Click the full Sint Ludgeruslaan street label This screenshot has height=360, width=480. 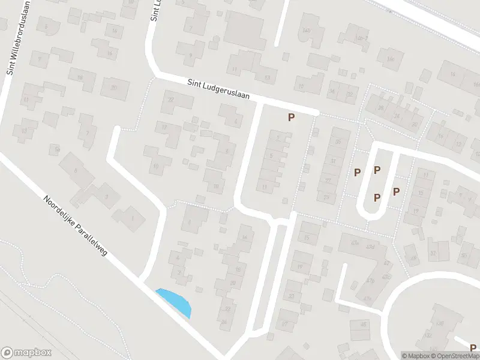point(217,91)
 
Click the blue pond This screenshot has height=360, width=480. point(175,302)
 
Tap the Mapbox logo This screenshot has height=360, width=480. point(26,353)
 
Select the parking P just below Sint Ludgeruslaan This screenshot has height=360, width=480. point(291,118)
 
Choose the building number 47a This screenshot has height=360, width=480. point(367,298)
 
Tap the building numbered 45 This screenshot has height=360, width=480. point(362,325)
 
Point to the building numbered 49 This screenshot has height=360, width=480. point(412,258)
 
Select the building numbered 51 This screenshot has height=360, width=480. point(433,254)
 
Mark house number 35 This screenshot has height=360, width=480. point(338,142)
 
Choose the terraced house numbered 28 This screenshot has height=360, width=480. point(380,109)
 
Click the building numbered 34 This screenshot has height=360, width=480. point(331,91)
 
